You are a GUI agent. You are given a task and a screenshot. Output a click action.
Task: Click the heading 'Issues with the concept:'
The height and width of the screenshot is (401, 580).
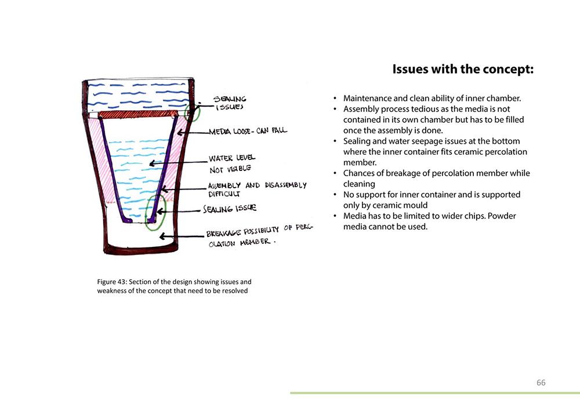coord(463,70)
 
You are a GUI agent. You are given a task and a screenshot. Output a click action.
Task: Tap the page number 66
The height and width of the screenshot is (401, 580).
coord(541,382)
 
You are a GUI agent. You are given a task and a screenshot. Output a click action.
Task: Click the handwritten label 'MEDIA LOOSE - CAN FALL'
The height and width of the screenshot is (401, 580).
coord(248,132)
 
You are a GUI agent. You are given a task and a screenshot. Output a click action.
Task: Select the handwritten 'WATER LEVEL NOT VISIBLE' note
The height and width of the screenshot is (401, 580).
coord(231,163)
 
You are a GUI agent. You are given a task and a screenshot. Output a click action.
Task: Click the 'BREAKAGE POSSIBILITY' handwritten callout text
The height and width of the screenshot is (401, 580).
coord(259,236)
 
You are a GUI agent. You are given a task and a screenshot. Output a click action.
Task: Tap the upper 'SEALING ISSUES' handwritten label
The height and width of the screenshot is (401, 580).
coord(230,103)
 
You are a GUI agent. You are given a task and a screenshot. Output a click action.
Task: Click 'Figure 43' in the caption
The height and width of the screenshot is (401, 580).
coord(111,282)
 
